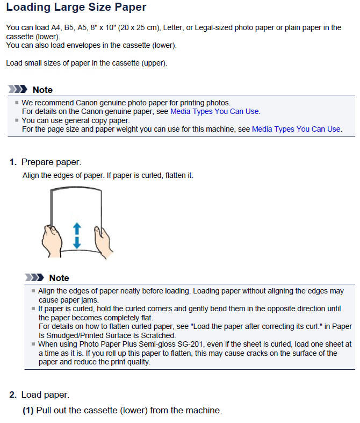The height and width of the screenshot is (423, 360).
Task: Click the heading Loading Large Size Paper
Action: coord(76,8)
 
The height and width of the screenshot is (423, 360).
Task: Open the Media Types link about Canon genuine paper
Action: coord(214,111)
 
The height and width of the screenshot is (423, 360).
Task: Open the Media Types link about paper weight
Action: coord(296,129)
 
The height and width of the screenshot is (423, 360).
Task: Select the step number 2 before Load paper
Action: coord(13,395)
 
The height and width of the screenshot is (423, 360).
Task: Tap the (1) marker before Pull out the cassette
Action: coord(27,411)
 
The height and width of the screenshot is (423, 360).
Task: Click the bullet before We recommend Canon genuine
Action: coord(17,102)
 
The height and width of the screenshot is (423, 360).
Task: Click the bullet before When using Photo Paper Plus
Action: coord(33,344)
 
